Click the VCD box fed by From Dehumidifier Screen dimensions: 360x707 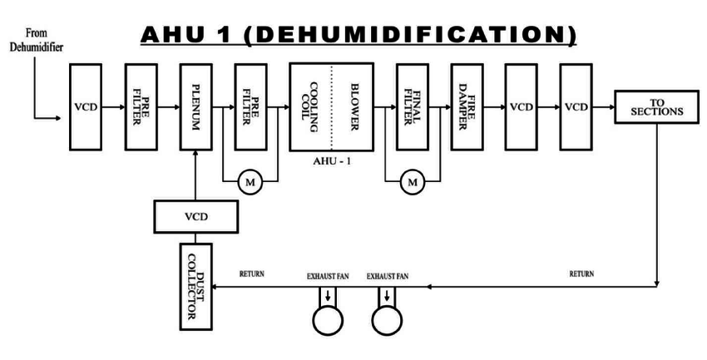point(86,107)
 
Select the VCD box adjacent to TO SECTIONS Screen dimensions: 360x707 point(576,107)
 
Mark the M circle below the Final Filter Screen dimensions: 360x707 point(411,180)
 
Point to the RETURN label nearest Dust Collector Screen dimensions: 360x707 point(253,273)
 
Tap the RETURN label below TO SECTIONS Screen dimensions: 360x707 point(582,273)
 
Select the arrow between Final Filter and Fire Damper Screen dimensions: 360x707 point(443,107)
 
